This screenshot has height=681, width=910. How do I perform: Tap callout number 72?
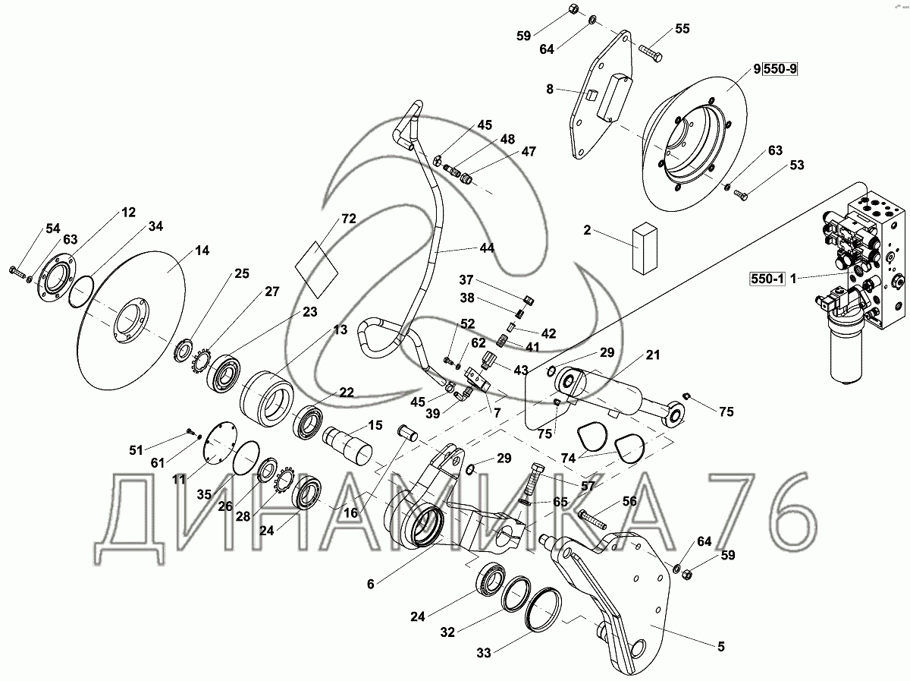pos(348,219)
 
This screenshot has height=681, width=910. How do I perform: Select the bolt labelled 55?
pos(649,53)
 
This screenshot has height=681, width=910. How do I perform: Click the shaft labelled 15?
pos(350,446)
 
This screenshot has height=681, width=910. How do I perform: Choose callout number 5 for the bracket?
pos(720,647)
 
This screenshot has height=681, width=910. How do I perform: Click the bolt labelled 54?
pos(17,270)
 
